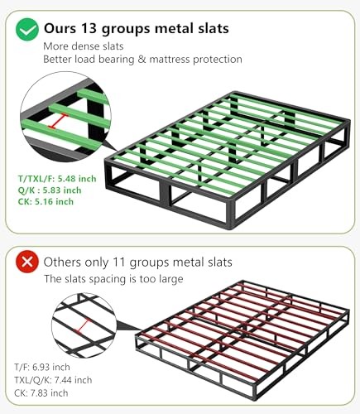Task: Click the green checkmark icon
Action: (27, 29)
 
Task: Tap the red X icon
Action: (27, 262)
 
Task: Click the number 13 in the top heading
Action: (89, 28)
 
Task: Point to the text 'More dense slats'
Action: (84, 46)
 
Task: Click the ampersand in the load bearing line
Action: (142, 60)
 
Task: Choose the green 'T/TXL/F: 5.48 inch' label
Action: (57, 179)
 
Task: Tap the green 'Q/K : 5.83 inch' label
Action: (50, 190)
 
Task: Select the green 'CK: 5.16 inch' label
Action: (46, 201)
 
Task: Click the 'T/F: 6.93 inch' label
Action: (42, 367)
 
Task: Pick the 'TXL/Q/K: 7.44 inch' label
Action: (53, 380)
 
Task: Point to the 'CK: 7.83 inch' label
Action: (41, 392)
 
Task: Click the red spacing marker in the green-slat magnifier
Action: (58, 121)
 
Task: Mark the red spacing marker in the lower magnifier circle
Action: (83, 326)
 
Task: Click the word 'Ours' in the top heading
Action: (60, 28)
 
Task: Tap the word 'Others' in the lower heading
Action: (62, 262)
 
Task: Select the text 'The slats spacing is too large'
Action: (113, 279)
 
